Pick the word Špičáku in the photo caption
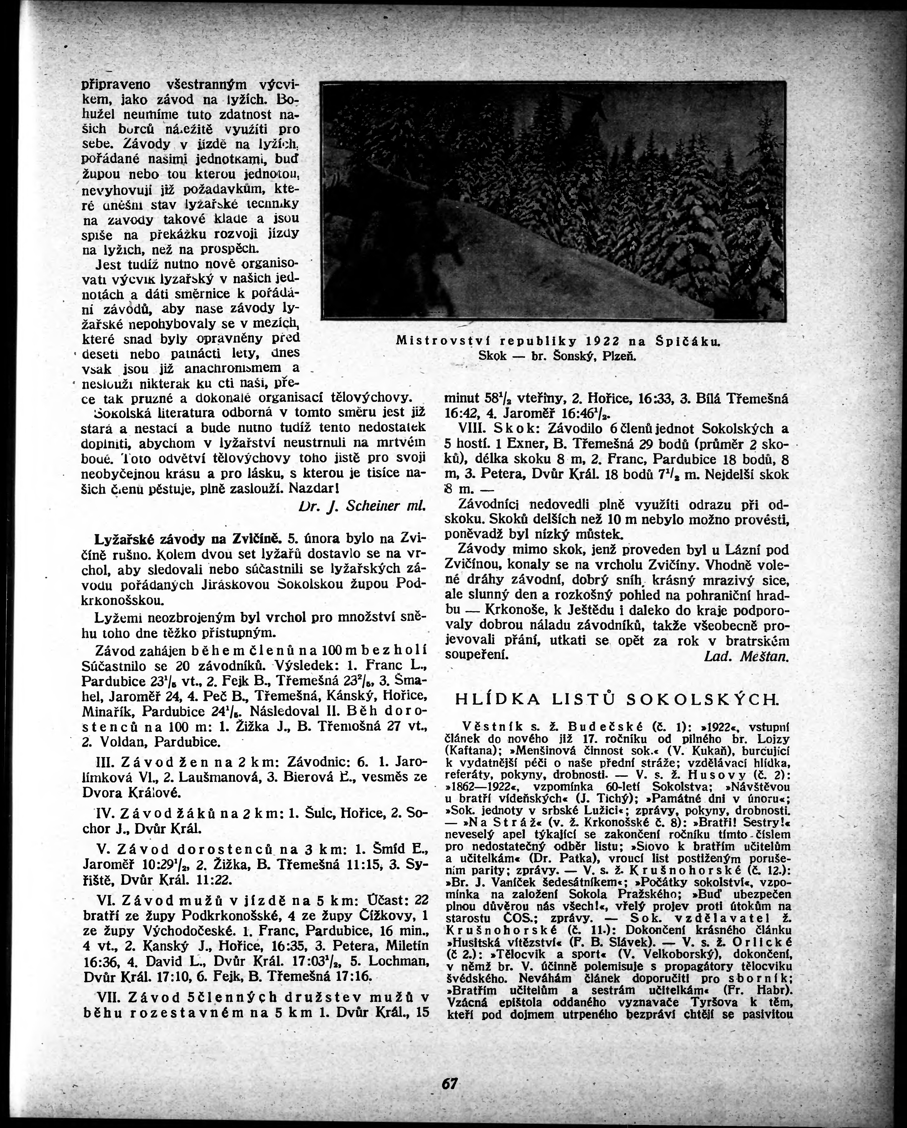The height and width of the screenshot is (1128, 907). (688, 342)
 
